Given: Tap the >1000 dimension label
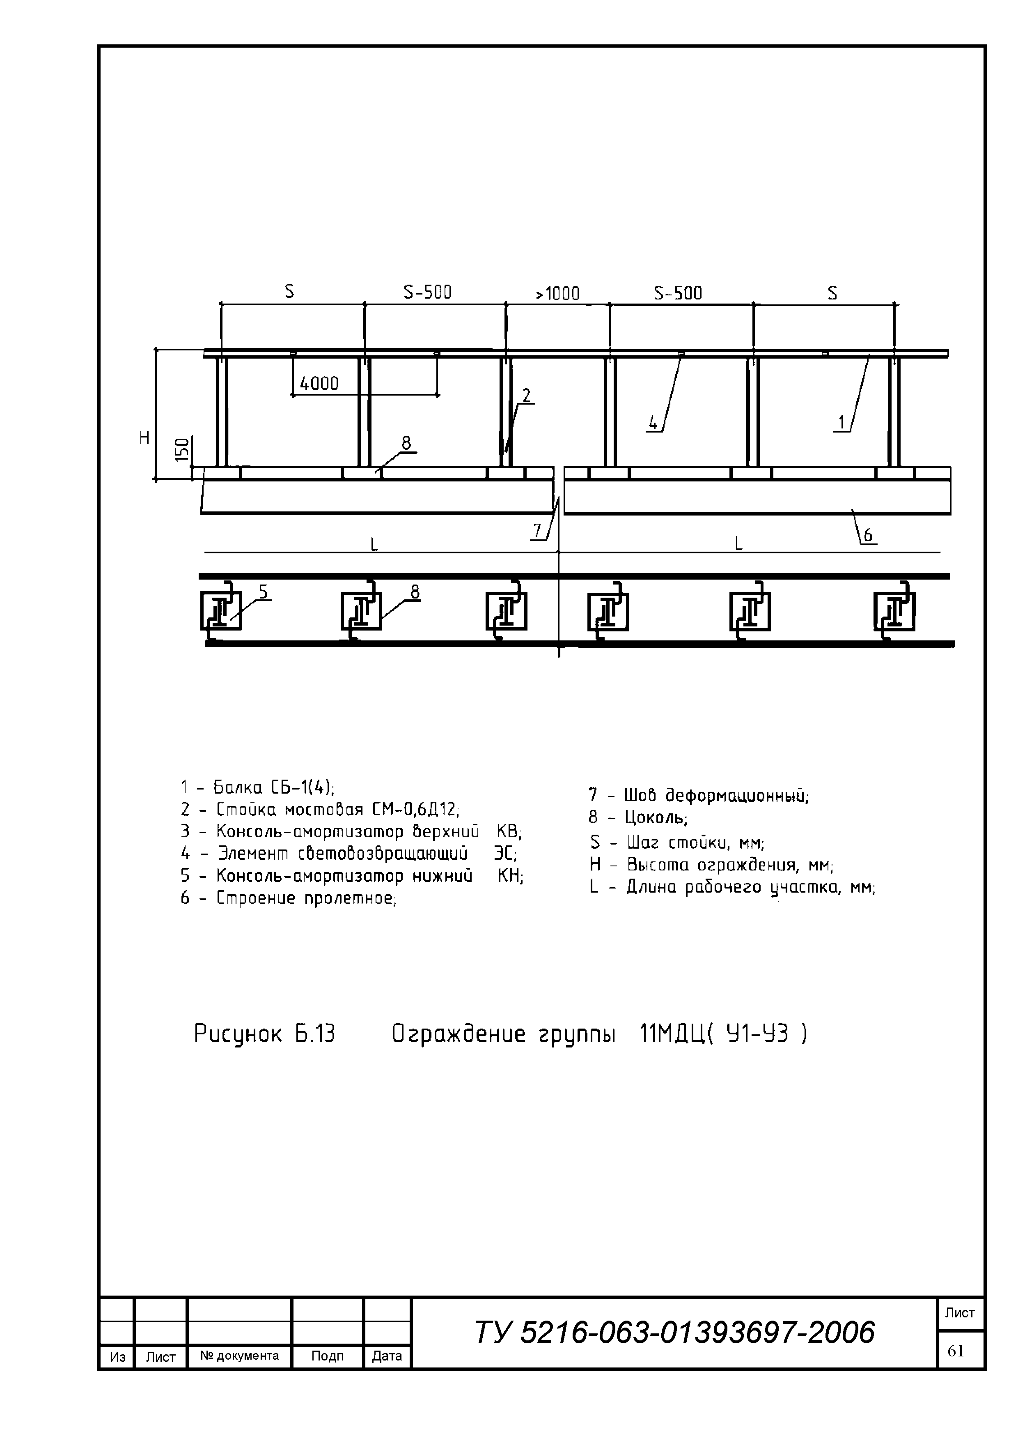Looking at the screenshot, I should (x=557, y=294).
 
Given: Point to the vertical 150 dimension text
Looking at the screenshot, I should (x=182, y=451).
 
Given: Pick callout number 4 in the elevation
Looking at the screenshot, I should (x=653, y=424).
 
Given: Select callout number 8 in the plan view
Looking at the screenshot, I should (x=415, y=592).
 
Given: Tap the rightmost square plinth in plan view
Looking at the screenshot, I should (x=894, y=611).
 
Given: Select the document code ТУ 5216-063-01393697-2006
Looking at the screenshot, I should (x=674, y=1333).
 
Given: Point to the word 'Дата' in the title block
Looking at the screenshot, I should (x=387, y=1356).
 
